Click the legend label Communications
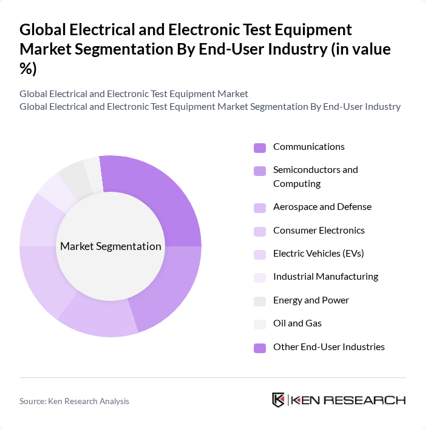coord(308,147)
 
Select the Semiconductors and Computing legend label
coord(315,177)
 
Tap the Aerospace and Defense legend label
coord(322,207)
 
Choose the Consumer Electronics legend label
coord(319,231)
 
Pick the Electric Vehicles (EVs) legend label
coord(318,254)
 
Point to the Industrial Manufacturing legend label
coord(325,277)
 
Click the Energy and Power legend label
coord(311,300)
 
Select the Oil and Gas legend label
coord(297,323)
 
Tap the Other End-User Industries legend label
coord(328,347)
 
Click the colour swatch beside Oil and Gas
coord(260,324)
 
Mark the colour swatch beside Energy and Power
coord(260,301)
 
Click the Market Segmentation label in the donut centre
coord(110,246)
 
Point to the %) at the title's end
coord(28,69)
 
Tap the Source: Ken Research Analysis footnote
coord(74,401)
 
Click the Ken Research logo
coord(338,400)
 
